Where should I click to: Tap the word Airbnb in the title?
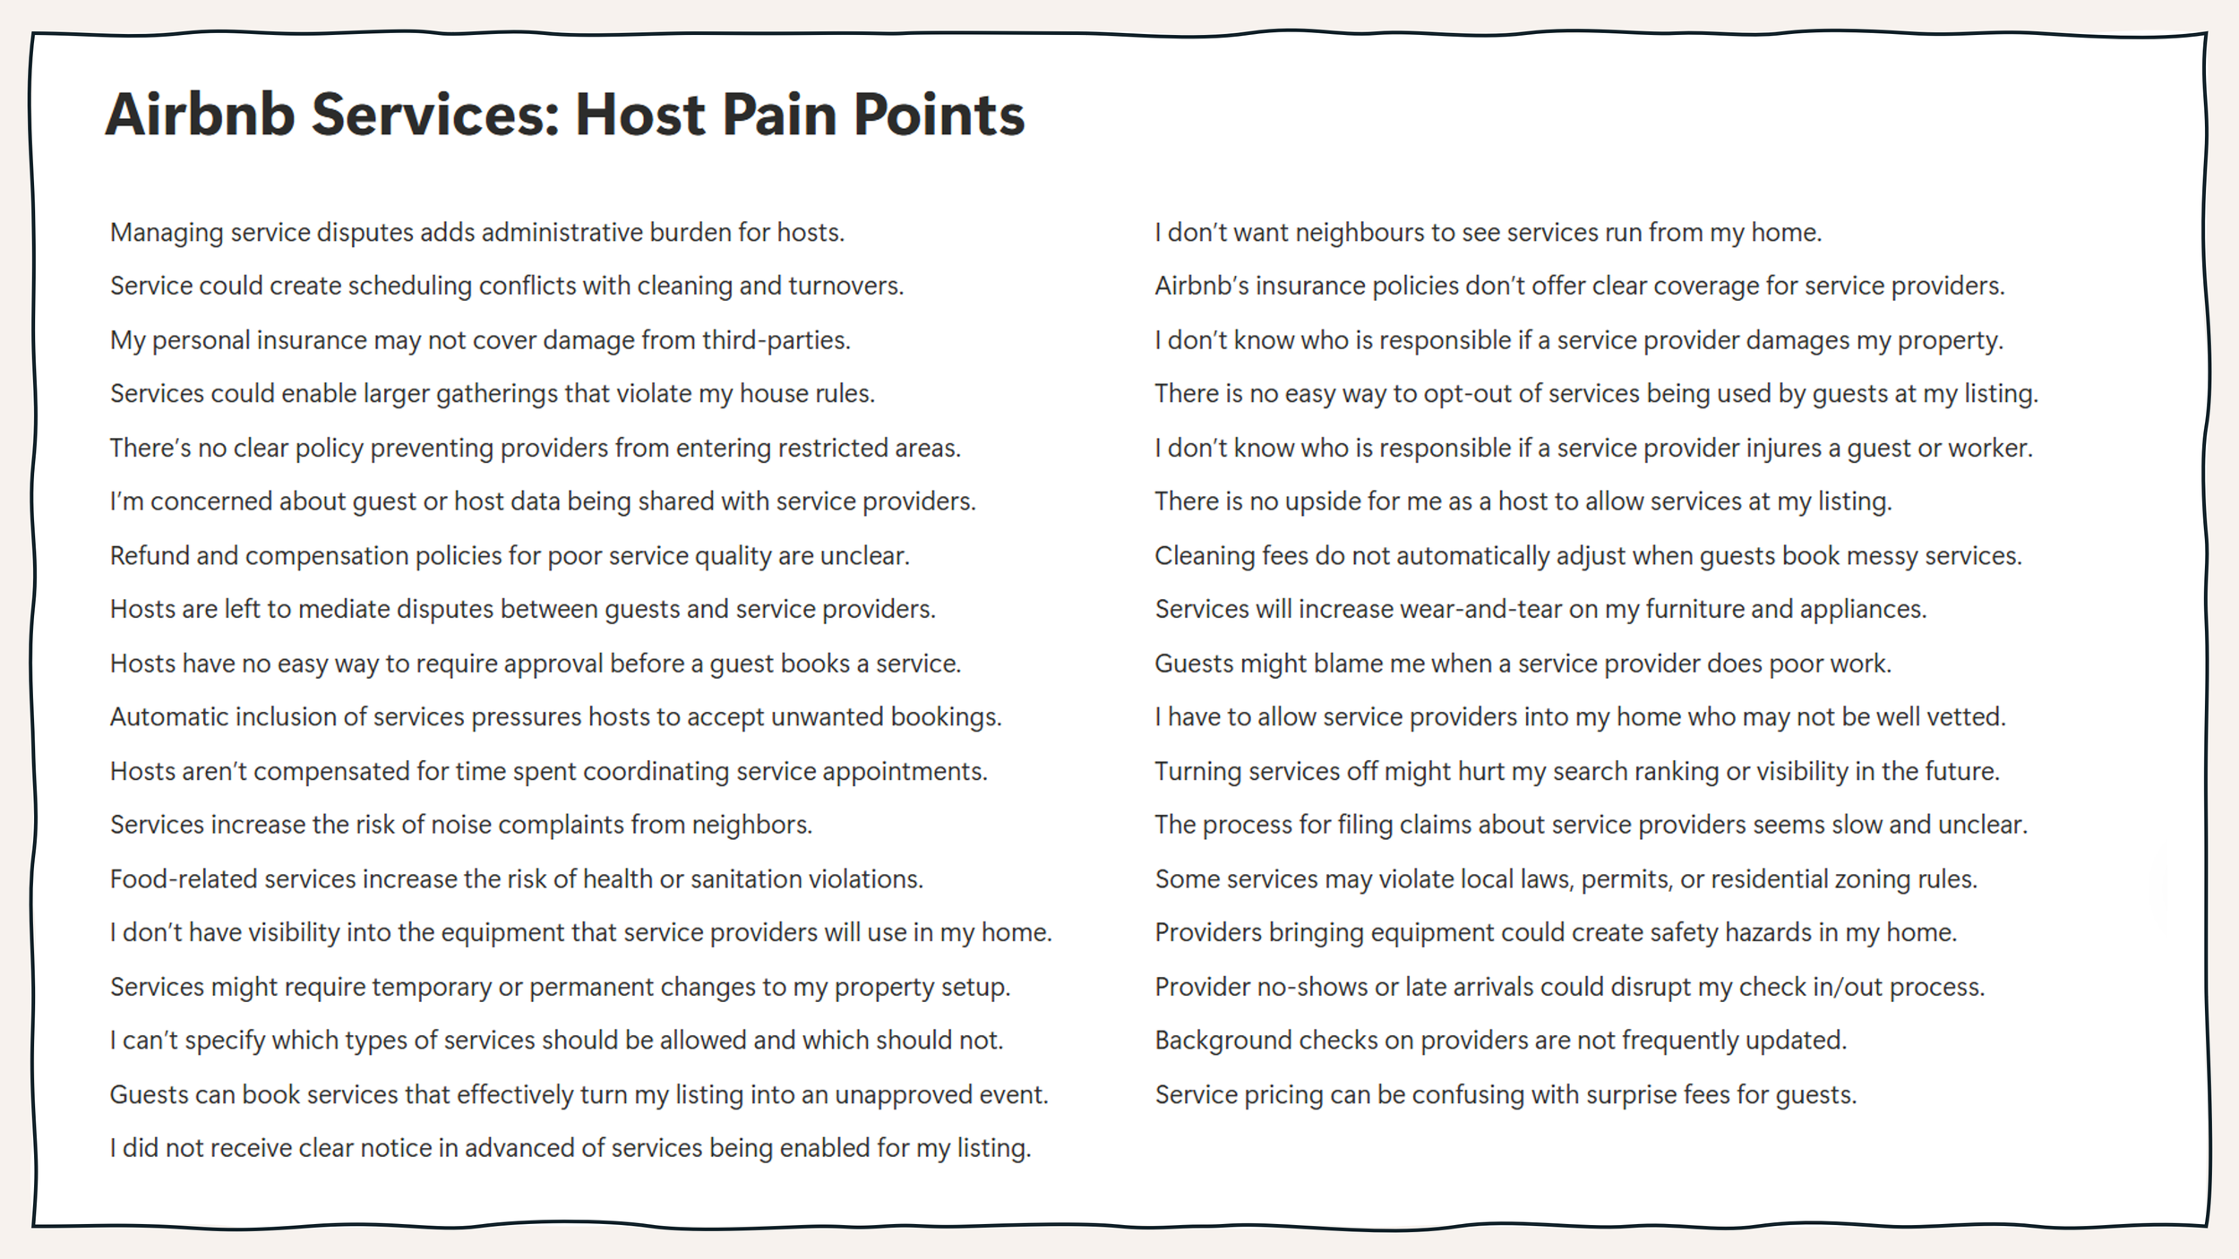pos(200,115)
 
